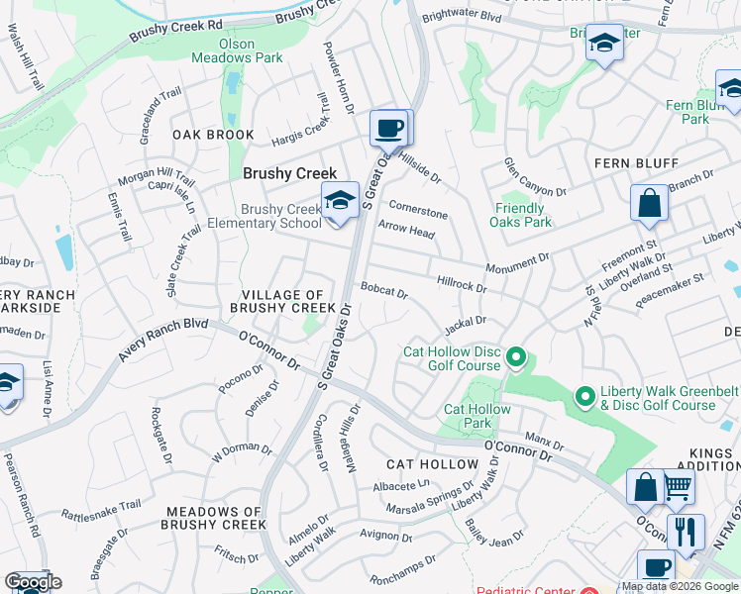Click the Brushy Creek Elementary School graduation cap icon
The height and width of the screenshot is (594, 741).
[339, 201]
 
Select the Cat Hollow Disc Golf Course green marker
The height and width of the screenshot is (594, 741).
[515, 356]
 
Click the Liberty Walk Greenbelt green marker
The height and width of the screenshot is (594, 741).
[584, 397]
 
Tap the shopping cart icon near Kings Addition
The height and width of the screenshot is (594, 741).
[678, 486]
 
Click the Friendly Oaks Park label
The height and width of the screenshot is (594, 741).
[520, 215]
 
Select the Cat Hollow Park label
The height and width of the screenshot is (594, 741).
[477, 416]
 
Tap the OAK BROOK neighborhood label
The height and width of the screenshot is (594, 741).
[213, 135]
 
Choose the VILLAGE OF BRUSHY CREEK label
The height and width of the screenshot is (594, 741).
[277, 302]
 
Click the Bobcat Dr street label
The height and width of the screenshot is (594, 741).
[384, 292]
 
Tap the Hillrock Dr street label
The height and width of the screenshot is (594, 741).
[462, 284]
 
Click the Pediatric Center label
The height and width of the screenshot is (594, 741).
[524, 590]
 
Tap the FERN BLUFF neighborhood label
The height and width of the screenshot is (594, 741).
[636, 162]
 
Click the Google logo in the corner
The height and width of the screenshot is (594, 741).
[33, 582]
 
